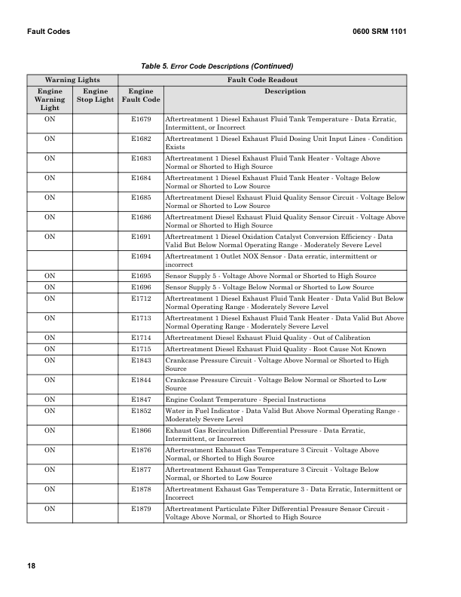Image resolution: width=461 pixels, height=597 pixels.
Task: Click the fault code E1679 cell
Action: point(141,119)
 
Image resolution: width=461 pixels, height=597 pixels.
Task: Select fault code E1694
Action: point(141,256)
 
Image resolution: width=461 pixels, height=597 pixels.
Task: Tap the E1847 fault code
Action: point(141,399)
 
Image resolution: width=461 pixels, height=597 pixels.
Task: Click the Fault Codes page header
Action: point(48,32)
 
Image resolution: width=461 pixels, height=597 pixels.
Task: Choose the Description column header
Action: point(285,91)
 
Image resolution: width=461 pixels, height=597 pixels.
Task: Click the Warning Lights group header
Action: point(72,79)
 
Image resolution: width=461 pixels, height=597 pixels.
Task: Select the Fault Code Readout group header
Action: point(262,79)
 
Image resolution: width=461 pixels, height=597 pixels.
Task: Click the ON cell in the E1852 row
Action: point(50,411)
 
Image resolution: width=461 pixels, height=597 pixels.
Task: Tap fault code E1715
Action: point(141,349)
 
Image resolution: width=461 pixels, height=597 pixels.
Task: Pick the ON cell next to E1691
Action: point(50,237)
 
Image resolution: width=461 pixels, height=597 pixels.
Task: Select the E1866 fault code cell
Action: point(141,430)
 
